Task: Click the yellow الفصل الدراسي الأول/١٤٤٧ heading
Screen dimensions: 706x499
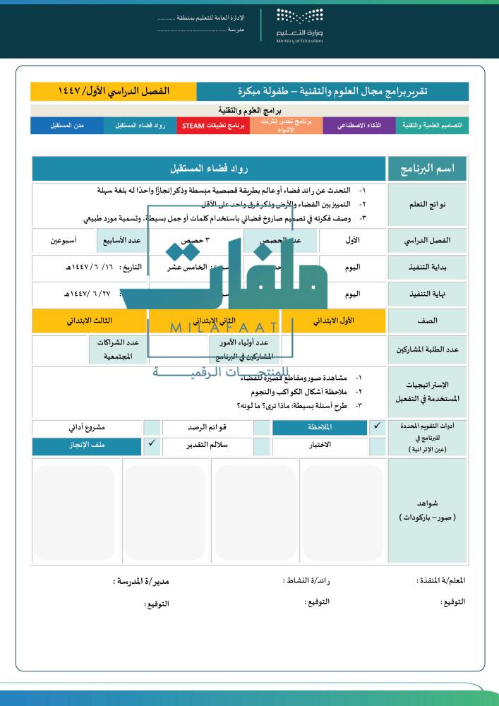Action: click(114, 91)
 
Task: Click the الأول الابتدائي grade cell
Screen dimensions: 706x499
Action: click(313, 321)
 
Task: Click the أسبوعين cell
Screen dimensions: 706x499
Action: click(64, 241)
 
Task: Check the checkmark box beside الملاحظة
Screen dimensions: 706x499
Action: click(378, 427)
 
